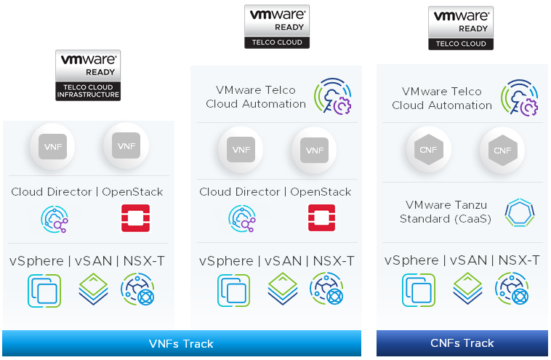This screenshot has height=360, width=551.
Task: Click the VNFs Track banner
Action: (181, 343)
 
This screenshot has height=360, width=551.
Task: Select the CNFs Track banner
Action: (462, 343)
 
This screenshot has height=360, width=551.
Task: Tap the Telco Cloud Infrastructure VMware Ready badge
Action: (88, 75)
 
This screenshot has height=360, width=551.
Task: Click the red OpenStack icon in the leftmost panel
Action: (136, 217)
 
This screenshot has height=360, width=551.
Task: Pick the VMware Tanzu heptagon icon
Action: (520, 213)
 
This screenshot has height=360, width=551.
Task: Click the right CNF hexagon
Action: (502, 151)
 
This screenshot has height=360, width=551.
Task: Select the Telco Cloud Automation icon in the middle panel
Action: (333, 97)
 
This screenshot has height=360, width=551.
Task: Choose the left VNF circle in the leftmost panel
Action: (51, 146)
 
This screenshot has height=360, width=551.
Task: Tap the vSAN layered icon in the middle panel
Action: (282, 289)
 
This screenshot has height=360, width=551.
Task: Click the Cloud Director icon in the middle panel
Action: (242, 218)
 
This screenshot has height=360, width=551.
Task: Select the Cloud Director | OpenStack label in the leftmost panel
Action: (87, 192)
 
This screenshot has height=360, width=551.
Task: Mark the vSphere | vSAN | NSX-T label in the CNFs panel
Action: (462, 260)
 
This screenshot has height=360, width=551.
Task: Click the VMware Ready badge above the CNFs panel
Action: (460, 28)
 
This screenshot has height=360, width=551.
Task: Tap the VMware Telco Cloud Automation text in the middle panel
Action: (256, 97)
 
